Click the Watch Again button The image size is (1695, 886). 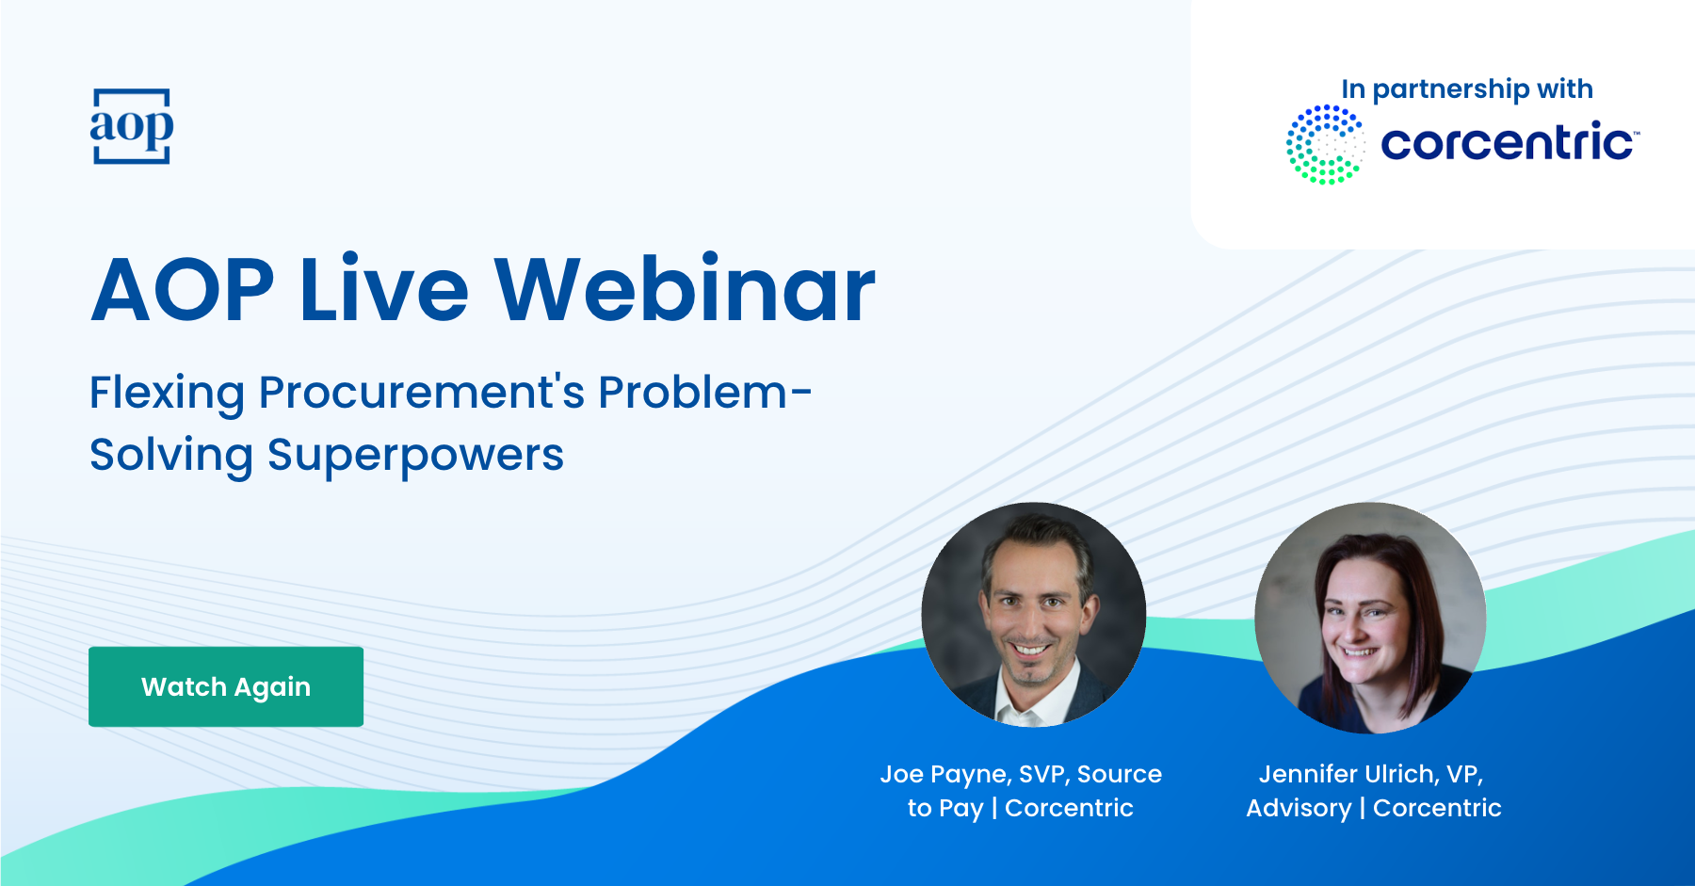coord(226,686)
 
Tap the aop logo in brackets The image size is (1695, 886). coord(132,126)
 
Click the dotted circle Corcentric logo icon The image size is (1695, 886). coord(1325,144)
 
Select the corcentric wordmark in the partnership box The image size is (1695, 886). coord(1507,143)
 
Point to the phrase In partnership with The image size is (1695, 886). coord(1467,89)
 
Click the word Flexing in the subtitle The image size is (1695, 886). coord(167,393)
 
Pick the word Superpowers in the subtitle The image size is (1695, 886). coord(415,455)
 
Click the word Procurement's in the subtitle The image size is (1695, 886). coord(422,393)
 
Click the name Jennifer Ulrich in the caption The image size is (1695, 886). coord(1347,774)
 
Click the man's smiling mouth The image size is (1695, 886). coord(1030,649)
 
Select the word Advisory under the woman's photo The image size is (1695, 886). coord(1299,808)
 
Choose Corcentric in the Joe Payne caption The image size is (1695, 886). coord(1069,808)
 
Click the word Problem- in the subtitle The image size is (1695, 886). coord(704,393)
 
